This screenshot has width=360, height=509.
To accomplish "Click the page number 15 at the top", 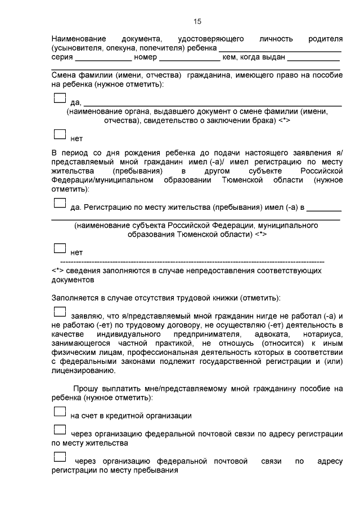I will (x=197, y=21).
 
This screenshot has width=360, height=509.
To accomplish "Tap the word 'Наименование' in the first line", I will (x=79, y=39).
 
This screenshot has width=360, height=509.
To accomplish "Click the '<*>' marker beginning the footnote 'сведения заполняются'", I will (x=57, y=271).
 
